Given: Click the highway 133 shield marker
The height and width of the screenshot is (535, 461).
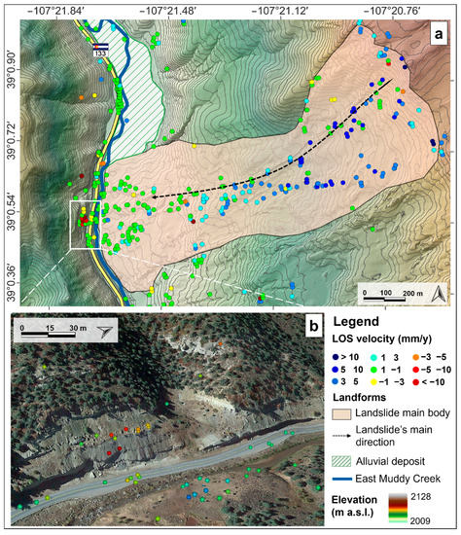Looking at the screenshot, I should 100,52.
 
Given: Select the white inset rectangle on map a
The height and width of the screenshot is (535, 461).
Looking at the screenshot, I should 86,227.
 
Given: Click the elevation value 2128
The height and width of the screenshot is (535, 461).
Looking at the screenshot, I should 436,496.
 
